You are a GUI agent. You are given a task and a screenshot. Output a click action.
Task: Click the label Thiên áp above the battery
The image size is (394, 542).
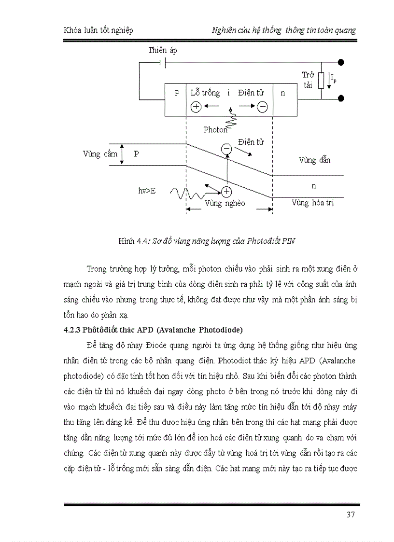[x=163, y=51]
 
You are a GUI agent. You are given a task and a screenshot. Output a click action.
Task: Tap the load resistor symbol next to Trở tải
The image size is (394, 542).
[x=321, y=81]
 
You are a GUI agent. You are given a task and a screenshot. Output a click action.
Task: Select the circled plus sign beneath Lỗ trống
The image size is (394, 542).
[x=196, y=107]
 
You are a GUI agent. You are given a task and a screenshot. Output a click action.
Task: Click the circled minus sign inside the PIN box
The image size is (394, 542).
[x=262, y=107]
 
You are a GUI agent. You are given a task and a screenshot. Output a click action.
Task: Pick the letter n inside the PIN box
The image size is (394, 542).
[x=283, y=93]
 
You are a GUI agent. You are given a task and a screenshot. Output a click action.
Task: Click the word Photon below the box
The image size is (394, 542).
[x=215, y=129]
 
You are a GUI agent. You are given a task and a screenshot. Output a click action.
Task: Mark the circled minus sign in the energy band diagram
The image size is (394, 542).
[x=226, y=149]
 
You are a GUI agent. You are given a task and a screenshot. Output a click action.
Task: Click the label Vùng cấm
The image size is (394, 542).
[x=98, y=154]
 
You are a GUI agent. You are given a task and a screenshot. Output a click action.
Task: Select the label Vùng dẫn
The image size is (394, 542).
[x=314, y=160]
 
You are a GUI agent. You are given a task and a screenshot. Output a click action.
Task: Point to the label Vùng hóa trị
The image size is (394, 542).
[x=313, y=203]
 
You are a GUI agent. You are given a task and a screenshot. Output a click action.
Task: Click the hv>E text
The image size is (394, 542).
[x=147, y=191]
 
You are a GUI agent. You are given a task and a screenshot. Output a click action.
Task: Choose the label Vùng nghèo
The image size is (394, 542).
[x=225, y=203]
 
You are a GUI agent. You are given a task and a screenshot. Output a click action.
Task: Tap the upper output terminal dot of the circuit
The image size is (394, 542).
[x=341, y=62]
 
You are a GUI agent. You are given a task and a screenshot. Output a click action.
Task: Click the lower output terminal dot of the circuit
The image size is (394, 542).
[x=341, y=98]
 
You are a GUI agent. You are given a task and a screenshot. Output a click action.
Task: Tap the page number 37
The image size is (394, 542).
[x=351, y=514]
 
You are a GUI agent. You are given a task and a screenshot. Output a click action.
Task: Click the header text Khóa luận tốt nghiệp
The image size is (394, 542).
[x=98, y=30]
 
